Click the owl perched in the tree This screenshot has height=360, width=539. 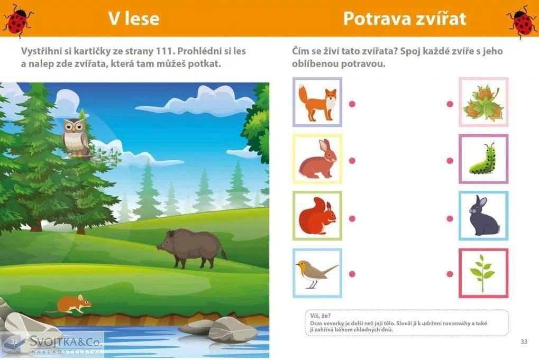coord(76,137)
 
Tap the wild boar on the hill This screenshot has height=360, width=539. coord(192,248)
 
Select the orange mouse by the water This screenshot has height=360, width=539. coord(71,304)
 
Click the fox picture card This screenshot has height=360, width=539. coord(317,102)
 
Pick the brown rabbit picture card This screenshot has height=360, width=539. coord(317,159)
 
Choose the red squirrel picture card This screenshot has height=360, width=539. coord(317,216)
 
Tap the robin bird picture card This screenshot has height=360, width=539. coord(317,273)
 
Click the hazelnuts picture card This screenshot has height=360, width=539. coord(483,102)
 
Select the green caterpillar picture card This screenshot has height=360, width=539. coord(483,159)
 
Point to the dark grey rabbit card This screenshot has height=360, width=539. coord(483,216)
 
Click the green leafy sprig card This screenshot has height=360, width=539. coord(483,273)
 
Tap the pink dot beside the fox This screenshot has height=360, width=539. coord(352,104)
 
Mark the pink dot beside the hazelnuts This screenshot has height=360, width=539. coord(450,104)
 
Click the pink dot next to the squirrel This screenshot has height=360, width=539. coord(352,218)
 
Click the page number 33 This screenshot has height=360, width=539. coord(524,341)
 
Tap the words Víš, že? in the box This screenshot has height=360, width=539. coord(320,316)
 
